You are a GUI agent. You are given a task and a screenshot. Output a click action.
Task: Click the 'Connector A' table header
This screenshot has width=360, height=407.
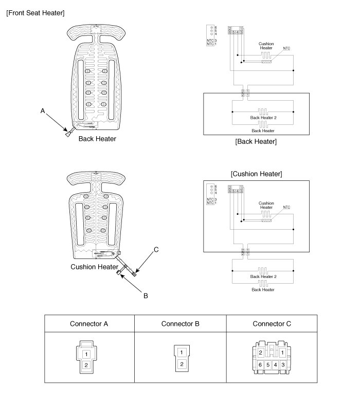coord(89,324)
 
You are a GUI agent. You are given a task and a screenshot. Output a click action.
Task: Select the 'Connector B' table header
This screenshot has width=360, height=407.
coord(180,324)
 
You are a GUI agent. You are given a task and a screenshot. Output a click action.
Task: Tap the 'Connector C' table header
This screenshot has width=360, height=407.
coord(272,324)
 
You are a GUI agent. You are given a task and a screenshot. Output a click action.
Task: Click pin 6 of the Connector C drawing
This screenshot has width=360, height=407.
coord(261,364)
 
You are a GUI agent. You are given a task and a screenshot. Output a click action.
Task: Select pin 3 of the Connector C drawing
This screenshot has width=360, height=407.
coord(283,364)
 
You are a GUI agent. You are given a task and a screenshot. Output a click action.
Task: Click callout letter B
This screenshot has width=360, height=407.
coord(146,295)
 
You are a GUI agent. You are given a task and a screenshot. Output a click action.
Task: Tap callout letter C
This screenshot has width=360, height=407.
coord(156,250)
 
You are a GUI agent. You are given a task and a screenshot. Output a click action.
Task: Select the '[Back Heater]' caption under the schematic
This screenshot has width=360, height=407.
coord(256,141)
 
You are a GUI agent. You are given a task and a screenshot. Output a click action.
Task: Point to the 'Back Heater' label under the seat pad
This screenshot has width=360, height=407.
coord(97,139)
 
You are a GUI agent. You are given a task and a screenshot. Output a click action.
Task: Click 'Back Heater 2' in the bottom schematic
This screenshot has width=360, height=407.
coord(263,276)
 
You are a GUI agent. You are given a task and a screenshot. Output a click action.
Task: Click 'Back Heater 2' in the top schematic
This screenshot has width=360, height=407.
coord(263,118)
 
